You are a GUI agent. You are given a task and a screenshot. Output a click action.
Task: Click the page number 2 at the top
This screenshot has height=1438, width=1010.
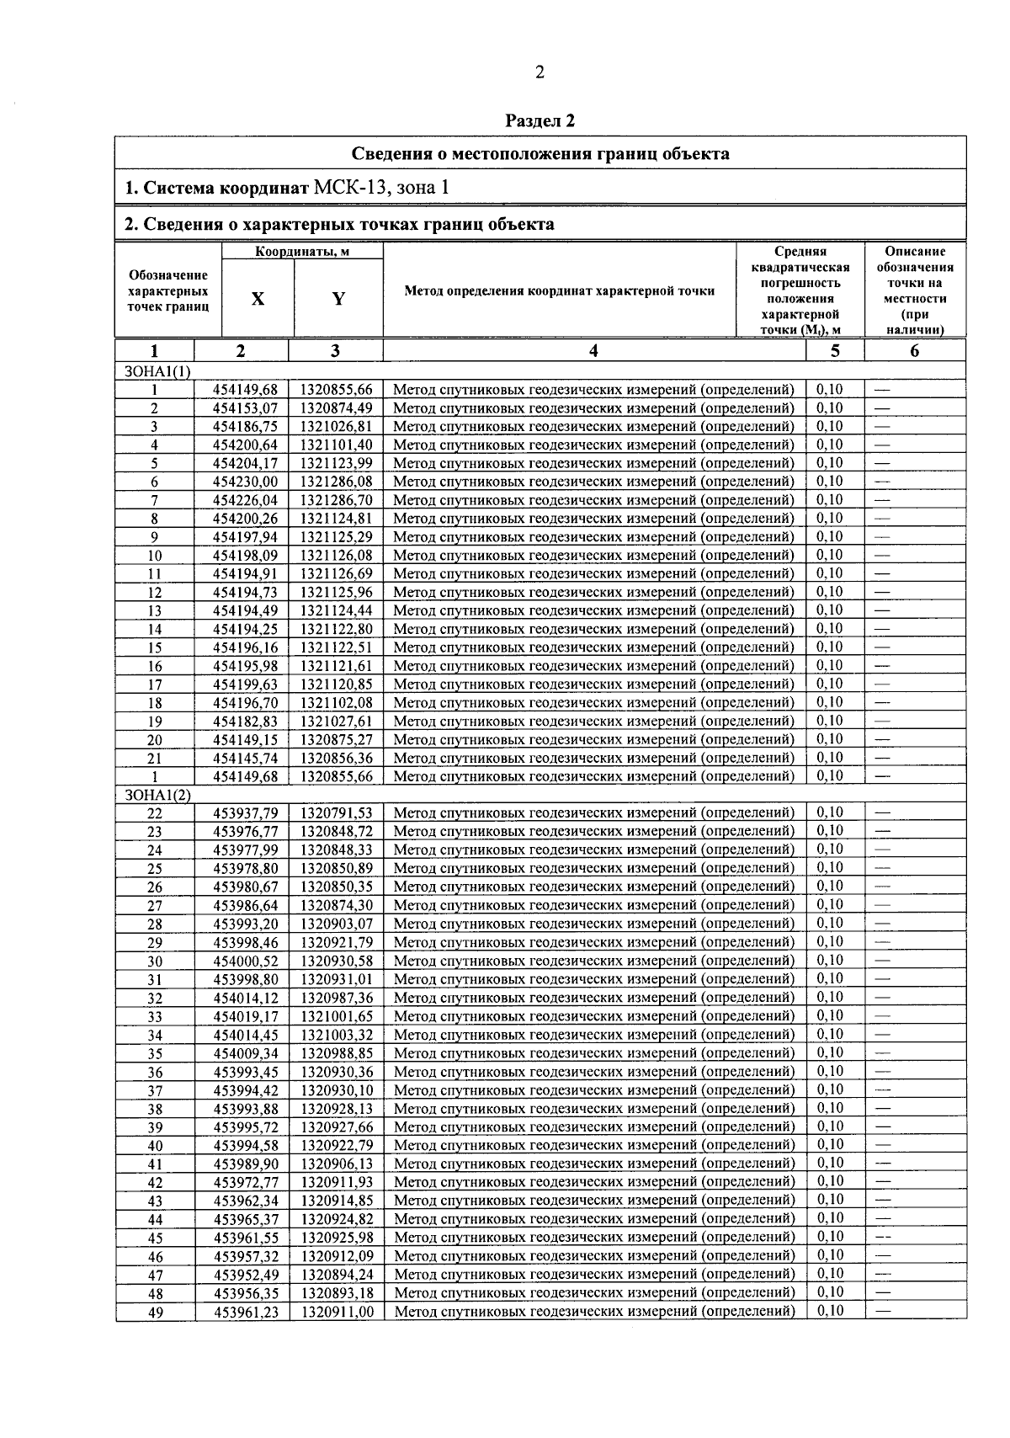pos(540,73)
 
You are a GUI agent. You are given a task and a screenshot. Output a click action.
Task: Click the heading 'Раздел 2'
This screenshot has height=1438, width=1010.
pos(540,121)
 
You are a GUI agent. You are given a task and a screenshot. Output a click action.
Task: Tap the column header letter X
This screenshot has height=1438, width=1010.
pos(258,299)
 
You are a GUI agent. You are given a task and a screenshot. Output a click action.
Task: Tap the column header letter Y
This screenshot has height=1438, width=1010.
pos(338,299)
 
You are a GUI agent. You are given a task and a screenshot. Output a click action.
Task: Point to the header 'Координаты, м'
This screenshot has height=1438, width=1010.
pos(303,252)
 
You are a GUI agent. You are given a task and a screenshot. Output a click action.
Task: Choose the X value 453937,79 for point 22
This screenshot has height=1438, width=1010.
pos(245,813)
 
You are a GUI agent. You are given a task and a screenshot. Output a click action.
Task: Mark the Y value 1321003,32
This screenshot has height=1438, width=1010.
pos(337,1035)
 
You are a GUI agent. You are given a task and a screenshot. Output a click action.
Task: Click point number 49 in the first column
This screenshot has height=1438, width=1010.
pos(155,1312)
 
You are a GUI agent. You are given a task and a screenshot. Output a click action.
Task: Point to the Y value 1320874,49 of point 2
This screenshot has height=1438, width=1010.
pos(337,408)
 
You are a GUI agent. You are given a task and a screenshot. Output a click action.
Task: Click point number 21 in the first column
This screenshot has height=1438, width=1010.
pos(155,759)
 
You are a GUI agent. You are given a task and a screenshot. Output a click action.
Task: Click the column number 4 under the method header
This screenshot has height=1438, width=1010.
pos(593,351)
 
